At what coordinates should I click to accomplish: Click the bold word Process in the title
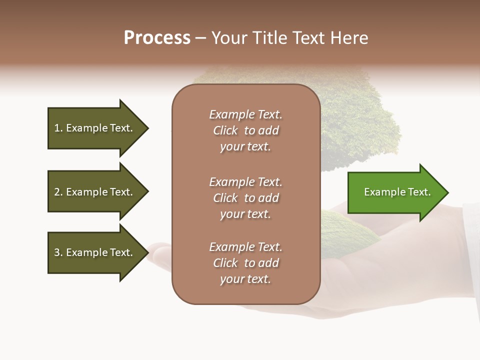(x=157, y=38)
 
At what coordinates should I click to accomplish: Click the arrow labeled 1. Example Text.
(x=95, y=128)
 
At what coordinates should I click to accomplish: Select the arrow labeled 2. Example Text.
(x=95, y=192)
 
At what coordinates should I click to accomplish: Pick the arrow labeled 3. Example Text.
(x=95, y=252)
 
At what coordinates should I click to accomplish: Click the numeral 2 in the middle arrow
(x=56, y=192)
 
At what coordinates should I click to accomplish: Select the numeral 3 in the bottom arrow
(x=56, y=252)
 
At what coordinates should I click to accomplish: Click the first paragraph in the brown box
(x=245, y=130)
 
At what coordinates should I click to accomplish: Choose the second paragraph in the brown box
(x=245, y=198)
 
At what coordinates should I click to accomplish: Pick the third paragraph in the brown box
(x=245, y=263)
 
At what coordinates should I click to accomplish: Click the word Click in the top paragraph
(x=225, y=130)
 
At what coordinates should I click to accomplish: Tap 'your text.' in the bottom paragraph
(x=245, y=279)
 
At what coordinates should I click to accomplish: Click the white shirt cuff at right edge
(x=471, y=250)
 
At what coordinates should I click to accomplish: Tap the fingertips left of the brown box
(x=159, y=253)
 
